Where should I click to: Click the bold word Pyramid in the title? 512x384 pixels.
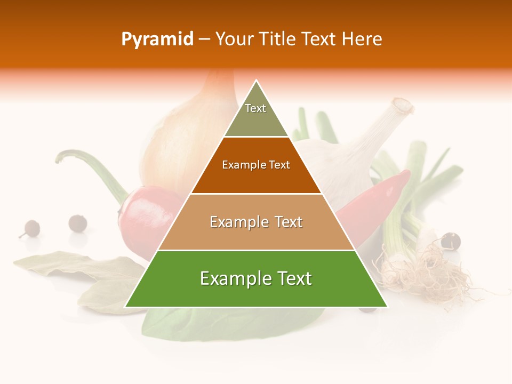157,39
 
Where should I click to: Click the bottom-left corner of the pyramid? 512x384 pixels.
126,306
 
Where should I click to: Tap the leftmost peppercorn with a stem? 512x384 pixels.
31,228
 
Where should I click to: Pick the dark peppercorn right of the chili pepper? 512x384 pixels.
451,241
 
